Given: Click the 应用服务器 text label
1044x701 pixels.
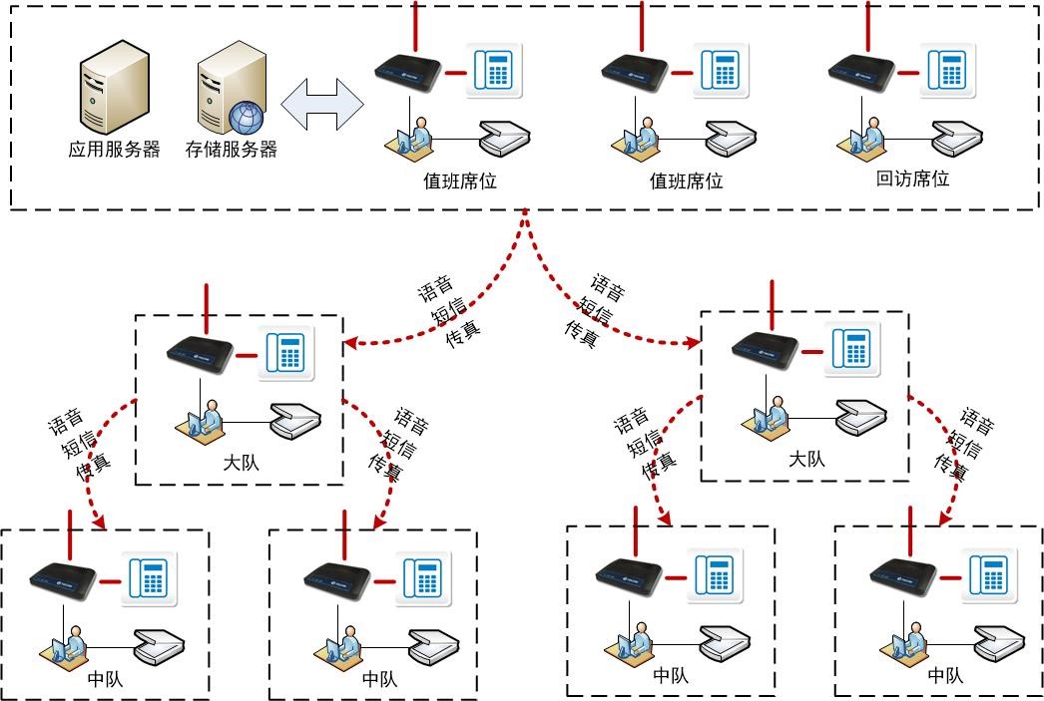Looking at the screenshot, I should [x=114, y=151].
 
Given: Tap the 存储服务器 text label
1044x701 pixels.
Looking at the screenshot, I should [x=231, y=151].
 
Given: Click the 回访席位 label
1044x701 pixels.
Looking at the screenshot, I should [x=912, y=179].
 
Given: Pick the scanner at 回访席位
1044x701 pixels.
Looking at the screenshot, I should [x=957, y=138].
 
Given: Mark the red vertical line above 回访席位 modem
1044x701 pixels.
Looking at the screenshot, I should [x=867, y=25].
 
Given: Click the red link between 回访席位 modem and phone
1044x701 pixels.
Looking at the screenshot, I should [x=909, y=73].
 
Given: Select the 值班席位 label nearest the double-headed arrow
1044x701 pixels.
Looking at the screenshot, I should [x=460, y=181].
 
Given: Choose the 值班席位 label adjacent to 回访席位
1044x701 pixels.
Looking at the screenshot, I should [x=686, y=181].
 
